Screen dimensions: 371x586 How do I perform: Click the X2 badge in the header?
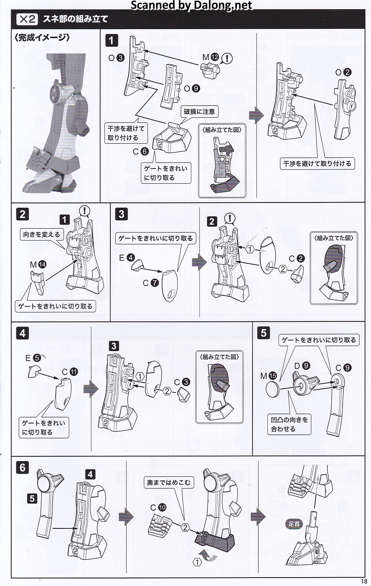27,19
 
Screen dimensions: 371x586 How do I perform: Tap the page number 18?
364,582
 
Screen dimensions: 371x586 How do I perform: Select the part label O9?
192,89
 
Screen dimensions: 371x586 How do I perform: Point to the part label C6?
140,151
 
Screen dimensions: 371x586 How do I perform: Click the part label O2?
343,72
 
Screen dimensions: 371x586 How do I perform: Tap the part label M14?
38,265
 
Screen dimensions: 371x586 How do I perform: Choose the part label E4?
127,258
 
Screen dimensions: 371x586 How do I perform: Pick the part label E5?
33,358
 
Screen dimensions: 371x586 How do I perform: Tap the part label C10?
158,508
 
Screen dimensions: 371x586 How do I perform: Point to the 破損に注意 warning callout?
199,112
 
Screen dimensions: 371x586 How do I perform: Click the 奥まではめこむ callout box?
169,482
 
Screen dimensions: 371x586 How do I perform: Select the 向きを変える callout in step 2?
42,235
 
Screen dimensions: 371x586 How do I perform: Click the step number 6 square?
22,468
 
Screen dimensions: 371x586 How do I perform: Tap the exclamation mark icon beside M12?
227,58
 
